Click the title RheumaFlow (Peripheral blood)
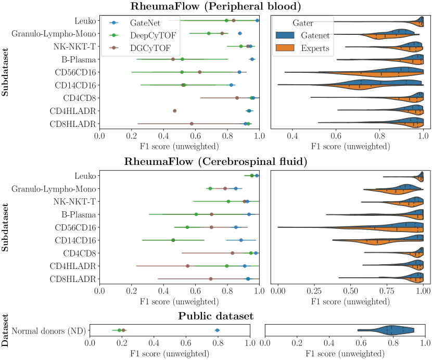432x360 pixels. coord(215,6)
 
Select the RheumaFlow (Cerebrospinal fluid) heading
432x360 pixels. coord(215,162)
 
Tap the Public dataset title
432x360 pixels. coord(215,316)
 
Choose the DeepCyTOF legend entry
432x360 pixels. coord(147,35)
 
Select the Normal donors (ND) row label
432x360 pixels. coord(48,330)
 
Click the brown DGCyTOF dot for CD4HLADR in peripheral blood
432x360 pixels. coord(174,111)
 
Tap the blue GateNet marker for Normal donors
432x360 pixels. coord(218,330)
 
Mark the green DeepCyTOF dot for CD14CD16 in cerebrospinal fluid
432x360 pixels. coord(173,240)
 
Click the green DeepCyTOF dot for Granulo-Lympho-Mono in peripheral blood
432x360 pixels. coord(209,33)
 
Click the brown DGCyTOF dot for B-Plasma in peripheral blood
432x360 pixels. coord(173,59)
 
